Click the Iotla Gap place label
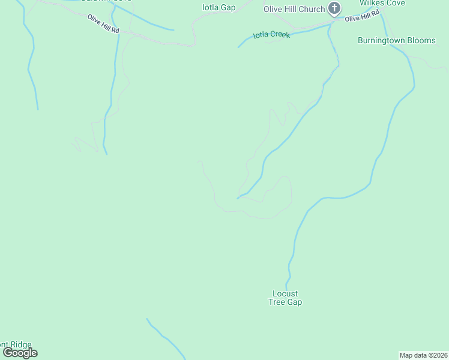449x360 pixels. tap(218, 8)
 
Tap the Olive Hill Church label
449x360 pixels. tap(294, 9)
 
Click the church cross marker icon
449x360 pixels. tap(335, 9)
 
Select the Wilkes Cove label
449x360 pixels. tap(382, 3)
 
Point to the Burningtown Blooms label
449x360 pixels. tap(396, 40)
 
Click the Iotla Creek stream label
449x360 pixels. tap(271, 35)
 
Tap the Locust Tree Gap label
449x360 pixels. tap(285, 298)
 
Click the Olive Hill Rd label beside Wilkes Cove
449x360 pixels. tap(361, 18)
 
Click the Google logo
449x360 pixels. tap(20, 353)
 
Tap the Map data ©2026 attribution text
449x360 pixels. tap(423, 355)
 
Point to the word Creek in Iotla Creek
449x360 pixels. tap(280, 35)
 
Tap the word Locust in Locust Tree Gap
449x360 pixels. tap(285, 293)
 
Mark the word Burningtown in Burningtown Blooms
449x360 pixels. tap(382, 40)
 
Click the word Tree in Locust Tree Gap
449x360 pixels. tap(277, 302)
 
